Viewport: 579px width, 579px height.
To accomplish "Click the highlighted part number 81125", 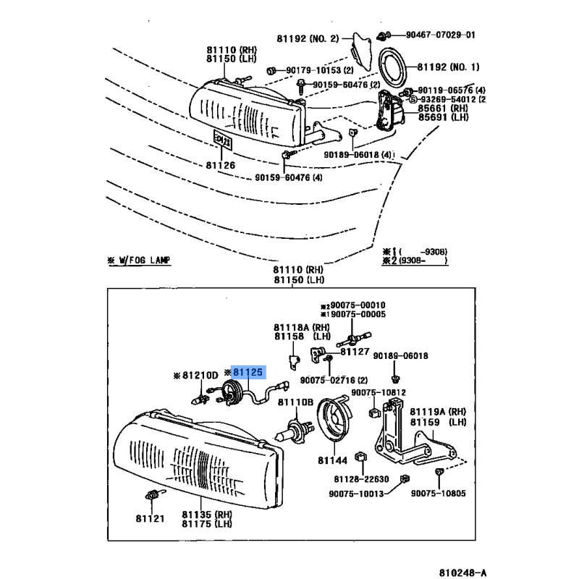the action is click(x=248, y=372).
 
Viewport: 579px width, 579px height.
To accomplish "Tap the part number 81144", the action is click(x=332, y=460).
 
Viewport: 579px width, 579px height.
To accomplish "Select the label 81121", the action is click(x=150, y=518).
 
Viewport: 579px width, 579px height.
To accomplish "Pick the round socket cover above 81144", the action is click(x=334, y=418).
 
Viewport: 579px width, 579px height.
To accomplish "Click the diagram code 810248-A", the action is click(x=462, y=572).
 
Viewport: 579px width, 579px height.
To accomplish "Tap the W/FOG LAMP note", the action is click(x=139, y=261).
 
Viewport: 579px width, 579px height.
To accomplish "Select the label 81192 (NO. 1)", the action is click(x=448, y=67).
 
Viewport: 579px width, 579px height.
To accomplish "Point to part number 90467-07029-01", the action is click(x=441, y=35).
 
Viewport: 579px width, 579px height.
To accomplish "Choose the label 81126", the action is click(x=221, y=165).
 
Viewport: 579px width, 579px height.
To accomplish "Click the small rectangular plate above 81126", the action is click(x=222, y=140).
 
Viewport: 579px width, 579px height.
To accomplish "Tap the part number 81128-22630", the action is click(x=361, y=479).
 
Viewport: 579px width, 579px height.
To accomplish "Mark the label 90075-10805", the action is click(x=439, y=493).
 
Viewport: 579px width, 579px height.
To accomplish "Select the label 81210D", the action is click(x=200, y=375).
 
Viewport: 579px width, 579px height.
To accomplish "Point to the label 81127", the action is click(x=355, y=352).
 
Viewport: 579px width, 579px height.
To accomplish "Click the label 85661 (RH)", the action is click(x=443, y=108).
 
